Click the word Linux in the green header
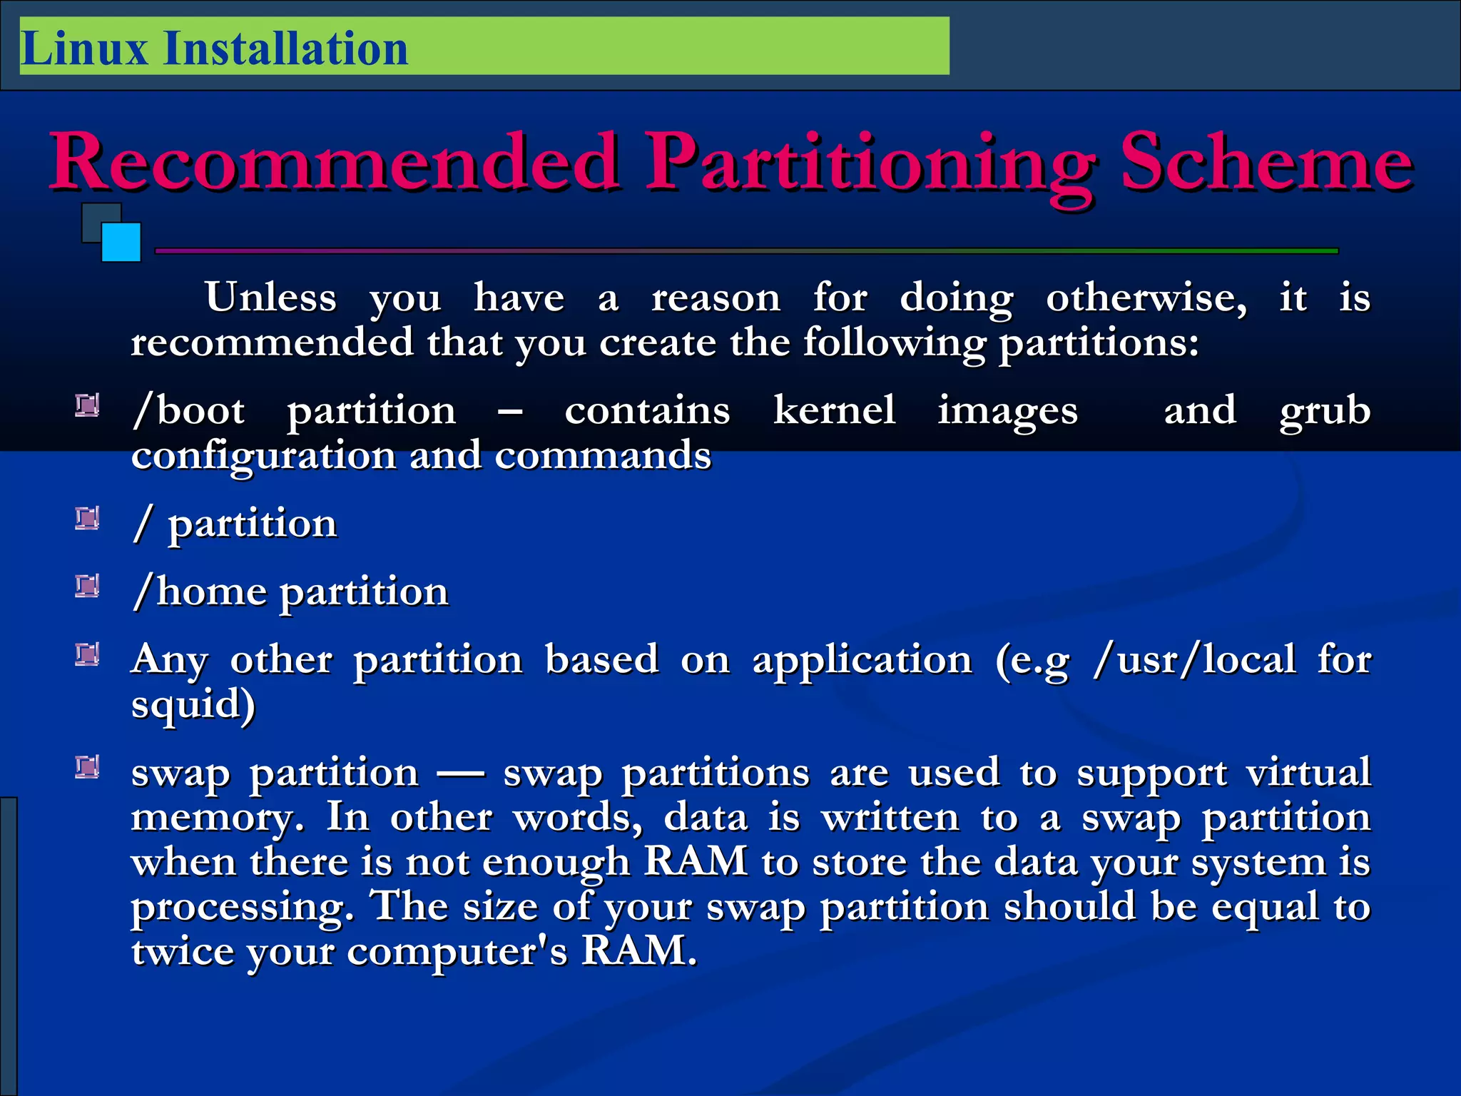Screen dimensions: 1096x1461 pos(84,49)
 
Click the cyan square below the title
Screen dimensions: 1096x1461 pos(121,243)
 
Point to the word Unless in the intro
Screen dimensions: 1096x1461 pos(270,297)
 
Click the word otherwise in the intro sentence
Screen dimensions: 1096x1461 pos(1146,297)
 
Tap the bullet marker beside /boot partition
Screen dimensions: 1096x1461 pos(87,406)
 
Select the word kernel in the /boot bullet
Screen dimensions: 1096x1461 pos(834,410)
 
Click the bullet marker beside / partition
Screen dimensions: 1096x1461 pos(87,519)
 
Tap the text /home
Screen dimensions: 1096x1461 pos(200,592)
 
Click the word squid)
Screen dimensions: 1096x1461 pos(193,705)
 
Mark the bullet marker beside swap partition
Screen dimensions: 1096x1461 pos(87,767)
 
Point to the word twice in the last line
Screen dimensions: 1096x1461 pos(183,951)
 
